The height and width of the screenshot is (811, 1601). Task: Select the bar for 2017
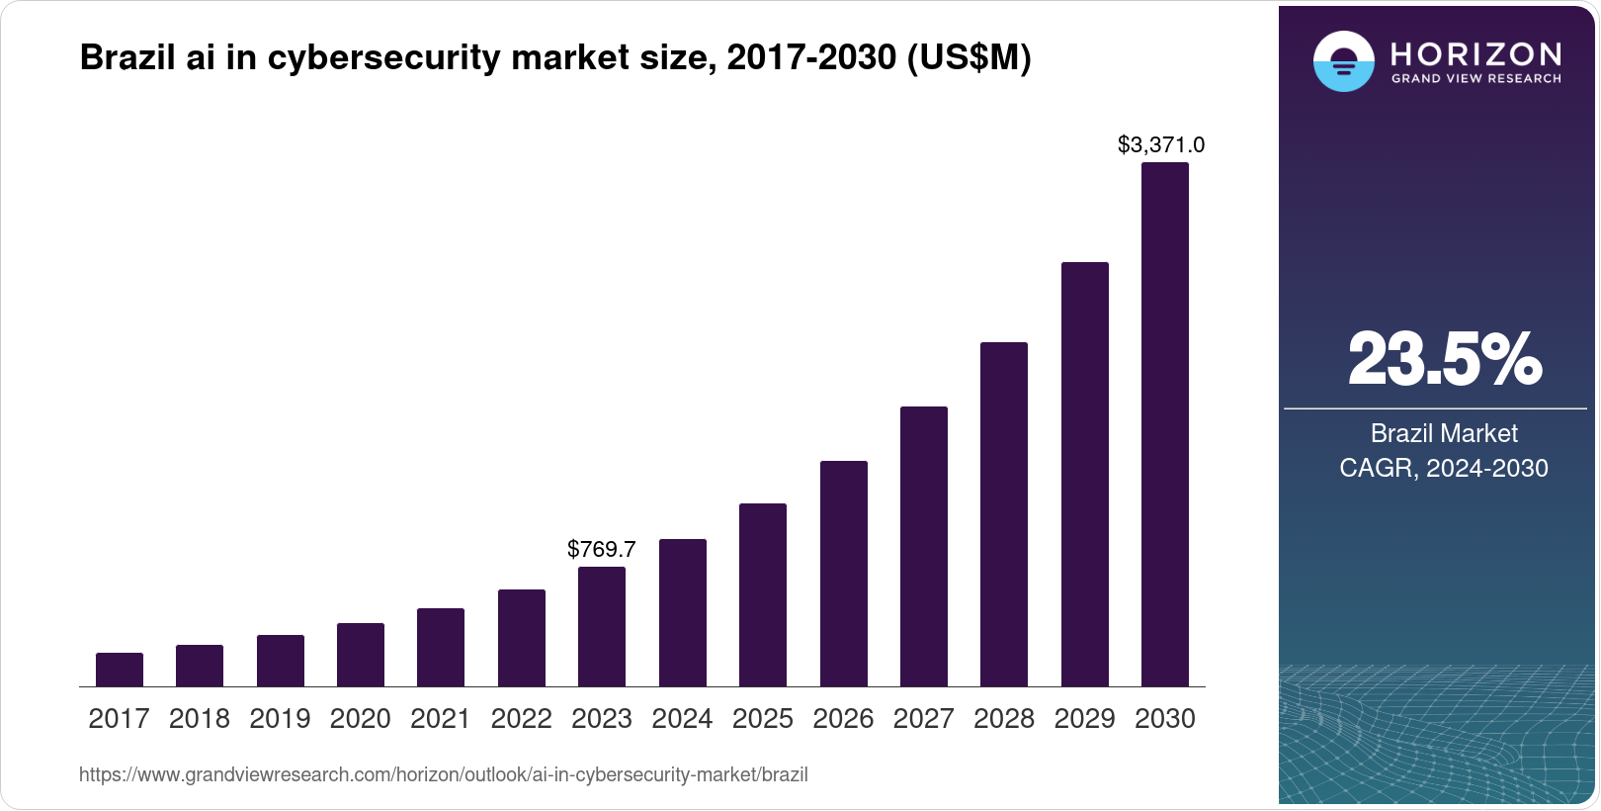point(120,670)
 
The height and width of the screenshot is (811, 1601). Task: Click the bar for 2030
point(1165,425)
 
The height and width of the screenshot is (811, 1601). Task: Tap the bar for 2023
point(602,627)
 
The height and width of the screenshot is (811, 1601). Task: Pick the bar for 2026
point(844,574)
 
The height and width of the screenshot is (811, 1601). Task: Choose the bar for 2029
point(1085,475)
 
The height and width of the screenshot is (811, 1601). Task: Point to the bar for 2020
point(361,655)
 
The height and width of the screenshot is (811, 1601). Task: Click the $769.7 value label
point(602,549)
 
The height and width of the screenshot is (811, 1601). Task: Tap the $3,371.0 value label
point(1161,145)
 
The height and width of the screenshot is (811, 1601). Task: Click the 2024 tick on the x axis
point(682,719)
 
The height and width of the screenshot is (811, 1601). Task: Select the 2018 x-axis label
point(200,719)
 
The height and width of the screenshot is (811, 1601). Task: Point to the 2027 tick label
point(924,719)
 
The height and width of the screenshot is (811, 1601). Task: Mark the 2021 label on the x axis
point(441,719)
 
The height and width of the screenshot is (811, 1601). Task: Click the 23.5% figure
point(1444,360)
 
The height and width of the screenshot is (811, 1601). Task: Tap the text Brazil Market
point(1444,433)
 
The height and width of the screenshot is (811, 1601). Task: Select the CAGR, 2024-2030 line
point(1444,468)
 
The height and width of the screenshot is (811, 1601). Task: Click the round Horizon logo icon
point(1344,61)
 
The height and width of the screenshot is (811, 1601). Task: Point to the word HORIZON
point(1476,53)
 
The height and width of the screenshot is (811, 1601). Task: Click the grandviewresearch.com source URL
point(444,775)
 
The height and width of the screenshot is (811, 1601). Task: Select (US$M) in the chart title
point(969,58)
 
